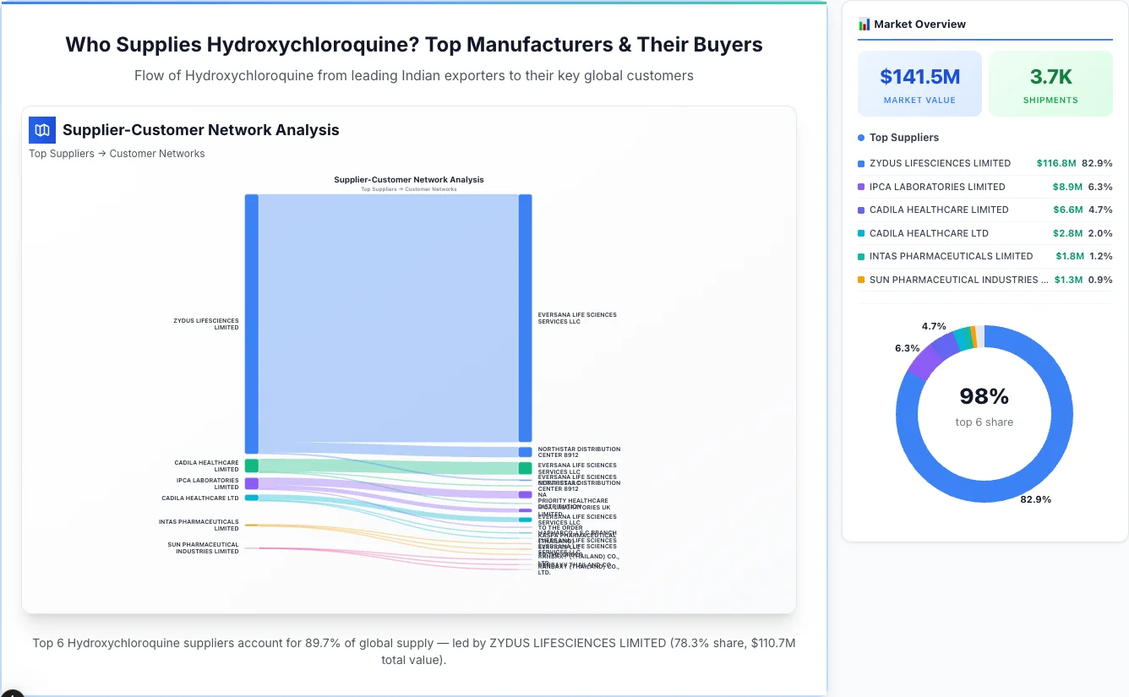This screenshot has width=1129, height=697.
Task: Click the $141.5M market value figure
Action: pos(919,77)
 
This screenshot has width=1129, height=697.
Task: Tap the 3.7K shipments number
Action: pos(1050,77)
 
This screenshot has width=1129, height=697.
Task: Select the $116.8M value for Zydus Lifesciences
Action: pos(1055,163)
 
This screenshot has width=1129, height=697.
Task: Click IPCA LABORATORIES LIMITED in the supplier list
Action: pos(937,187)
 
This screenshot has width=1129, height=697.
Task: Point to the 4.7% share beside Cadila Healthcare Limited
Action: pos(1100,210)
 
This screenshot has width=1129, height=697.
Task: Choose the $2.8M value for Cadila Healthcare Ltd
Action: pos(1068,233)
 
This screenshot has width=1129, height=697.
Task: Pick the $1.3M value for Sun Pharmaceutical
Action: pos(1068,280)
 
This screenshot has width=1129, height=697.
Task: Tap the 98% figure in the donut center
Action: pos(984,396)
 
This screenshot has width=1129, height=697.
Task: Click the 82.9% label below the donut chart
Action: pos(1035,499)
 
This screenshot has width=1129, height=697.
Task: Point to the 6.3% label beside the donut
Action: pos(907,348)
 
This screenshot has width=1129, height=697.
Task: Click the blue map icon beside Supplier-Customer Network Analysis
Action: pos(41,130)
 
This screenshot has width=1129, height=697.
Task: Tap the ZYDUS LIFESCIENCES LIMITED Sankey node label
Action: pos(206,324)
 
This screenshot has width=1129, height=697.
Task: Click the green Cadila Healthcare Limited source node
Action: pos(252,466)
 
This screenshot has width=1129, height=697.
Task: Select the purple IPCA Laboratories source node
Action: pos(252,483)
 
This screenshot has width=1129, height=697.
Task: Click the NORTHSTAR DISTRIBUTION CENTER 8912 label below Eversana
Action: pos(579,452)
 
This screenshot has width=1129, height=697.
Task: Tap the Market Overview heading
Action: pos(919,25)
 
